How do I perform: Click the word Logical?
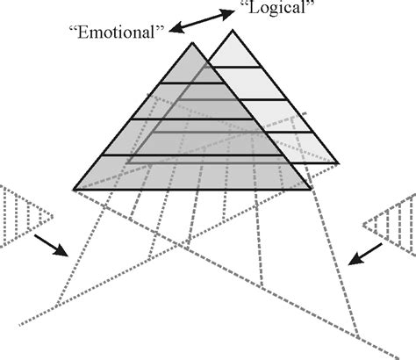click(278, 11)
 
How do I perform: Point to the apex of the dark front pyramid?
click(193, 40)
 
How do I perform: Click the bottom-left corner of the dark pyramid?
click(74, 190)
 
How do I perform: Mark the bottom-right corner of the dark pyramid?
click(312, 190)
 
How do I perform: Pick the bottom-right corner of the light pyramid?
click(339, 163)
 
